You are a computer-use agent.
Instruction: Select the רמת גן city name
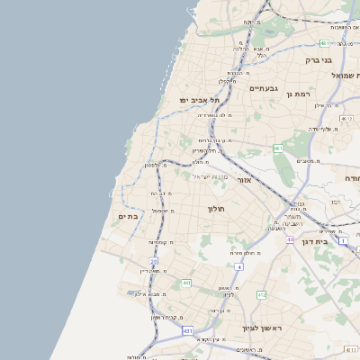click(x=296, y=93)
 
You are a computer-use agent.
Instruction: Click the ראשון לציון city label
click(x=262, y=328)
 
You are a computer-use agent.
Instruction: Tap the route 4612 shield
click(x=346, y=118)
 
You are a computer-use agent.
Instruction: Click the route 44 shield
click(x=291, y=240)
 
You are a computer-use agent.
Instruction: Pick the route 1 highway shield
click(x=343, y=240)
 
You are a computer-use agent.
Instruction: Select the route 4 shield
click(x=238, y=267)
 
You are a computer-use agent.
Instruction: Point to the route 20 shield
click(x=153, y=261)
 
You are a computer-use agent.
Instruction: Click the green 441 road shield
click(x=186, y=283)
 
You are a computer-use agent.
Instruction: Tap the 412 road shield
click(x=261, y=294)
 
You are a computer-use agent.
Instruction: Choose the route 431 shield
click(x=187, y=331)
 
